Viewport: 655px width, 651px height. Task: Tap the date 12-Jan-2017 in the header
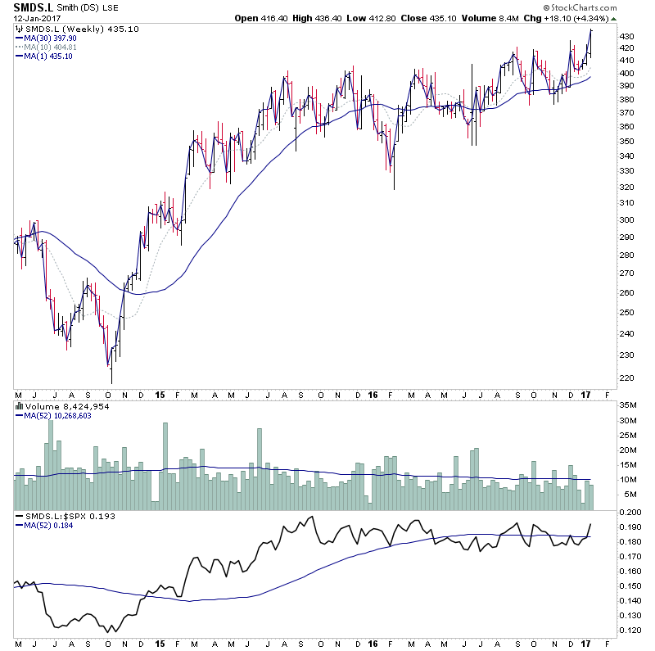pyautogui.click(x=34, y=19)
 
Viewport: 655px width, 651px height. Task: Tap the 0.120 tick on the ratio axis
pyautogui.click(x=631, y=631)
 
